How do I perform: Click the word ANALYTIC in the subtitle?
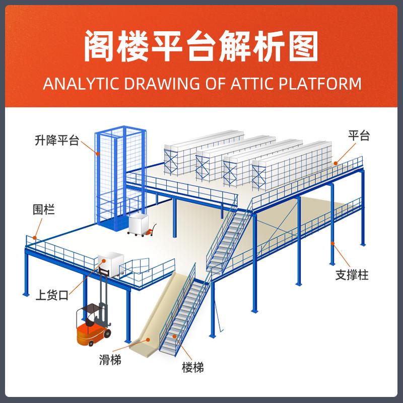point(73,83)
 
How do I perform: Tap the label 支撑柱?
point(352,275)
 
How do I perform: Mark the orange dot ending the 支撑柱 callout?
point(332,244)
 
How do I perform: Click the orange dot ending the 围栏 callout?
point(35,237)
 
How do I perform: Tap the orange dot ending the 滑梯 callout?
point(149,340)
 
